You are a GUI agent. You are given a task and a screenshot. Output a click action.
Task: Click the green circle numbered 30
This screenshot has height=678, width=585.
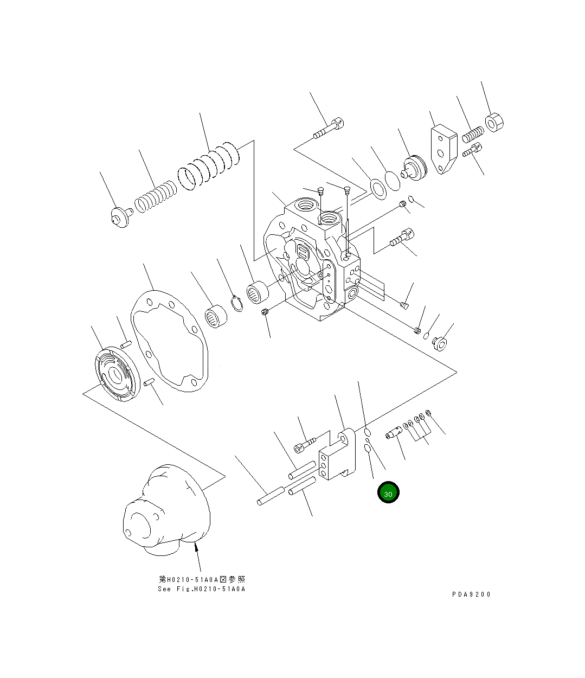pyautogui.click(x=388, y=492)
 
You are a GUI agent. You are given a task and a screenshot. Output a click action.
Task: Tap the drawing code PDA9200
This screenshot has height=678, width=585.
pyautogui.click(x=471, y=594)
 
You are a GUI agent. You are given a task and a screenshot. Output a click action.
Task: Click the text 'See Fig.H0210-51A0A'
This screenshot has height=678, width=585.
pyautogui.click(x=202, y=589)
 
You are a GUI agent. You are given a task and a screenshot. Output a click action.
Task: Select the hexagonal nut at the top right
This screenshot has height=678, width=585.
pyautogui.click(x=494, y=123)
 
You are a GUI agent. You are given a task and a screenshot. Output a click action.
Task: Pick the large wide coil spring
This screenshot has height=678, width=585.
pyautogui.click(x=209, y=165)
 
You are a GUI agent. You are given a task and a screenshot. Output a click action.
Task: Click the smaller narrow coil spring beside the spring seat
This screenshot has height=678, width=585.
pyautogui.click(x=155, y=198)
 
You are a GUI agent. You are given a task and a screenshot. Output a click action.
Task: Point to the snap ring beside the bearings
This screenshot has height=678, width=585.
pyautogui.click(x=236, y=303)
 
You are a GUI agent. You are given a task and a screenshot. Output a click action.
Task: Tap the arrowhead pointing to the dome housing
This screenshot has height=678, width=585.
pyautogui.click(x=196, y=551)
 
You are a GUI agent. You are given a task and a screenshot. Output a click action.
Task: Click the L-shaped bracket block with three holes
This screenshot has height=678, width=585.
pyautogui.click(x=336, y=457)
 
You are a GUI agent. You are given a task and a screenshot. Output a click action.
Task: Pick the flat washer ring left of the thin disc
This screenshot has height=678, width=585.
pyautogui.click(x=377, y=186)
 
